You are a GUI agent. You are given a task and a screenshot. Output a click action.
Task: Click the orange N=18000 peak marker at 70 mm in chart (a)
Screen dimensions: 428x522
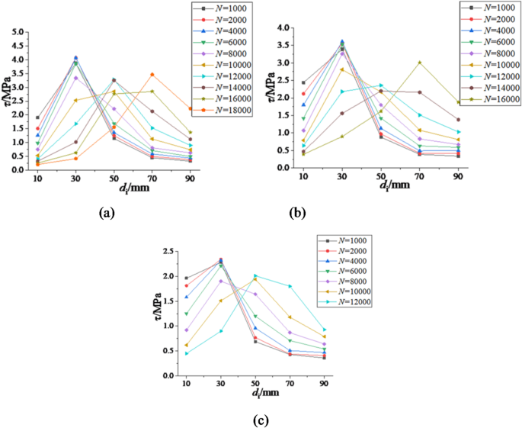click(152, 75)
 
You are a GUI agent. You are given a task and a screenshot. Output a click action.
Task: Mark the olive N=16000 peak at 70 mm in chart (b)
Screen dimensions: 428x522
click(419, 63)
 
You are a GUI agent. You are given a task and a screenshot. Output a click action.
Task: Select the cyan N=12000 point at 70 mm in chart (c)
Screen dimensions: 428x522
click(290, 286)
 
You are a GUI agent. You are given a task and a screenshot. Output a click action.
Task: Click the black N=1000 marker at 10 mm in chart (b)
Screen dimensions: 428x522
click(303, 82)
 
